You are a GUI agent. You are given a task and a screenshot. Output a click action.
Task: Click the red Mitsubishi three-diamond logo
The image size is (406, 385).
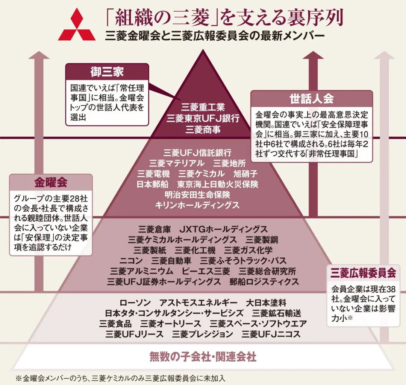[77, 25]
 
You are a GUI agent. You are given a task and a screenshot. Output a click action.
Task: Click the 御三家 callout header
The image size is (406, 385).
[107, 72]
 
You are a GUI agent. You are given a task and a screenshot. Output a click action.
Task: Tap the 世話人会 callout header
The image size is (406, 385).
[311, 99]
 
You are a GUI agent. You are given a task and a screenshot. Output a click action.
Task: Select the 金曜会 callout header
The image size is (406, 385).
[51, 183]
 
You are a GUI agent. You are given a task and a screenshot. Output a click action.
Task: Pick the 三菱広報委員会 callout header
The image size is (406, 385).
[363, 273]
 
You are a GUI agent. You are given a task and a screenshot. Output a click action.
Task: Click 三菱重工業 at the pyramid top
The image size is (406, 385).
[203, 107]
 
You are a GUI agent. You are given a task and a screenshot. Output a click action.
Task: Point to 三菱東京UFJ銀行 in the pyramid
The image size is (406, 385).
[203, 118]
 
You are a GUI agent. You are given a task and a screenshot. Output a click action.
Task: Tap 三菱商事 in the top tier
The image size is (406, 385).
[203, 130]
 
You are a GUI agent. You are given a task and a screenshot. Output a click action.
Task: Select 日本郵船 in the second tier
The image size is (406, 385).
[152, 184]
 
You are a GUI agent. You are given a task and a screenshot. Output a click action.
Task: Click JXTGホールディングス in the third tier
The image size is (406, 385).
[223, 229]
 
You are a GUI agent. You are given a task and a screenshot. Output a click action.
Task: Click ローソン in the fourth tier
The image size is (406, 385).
[135, 302]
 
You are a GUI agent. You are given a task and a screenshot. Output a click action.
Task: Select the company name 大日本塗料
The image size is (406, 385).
[266, 302]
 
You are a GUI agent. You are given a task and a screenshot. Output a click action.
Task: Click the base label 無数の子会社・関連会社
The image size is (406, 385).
[203, 356]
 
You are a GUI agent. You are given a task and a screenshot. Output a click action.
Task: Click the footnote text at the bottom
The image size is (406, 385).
[122, 377]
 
